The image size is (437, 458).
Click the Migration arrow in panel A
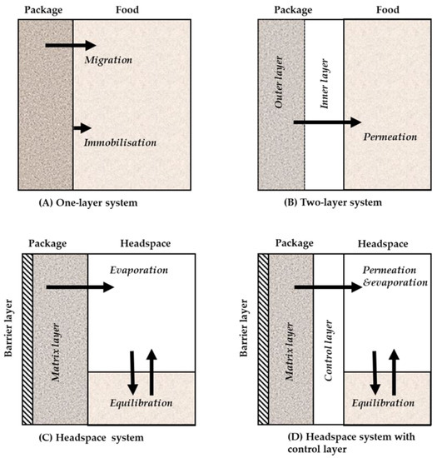point(70,44)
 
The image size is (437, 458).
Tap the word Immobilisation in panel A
point(120,142)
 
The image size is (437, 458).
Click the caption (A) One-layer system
point(81,203)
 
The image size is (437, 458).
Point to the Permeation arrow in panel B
point(327,122)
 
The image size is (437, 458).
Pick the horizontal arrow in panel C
point(80,286)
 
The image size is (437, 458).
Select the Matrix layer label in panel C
point(56,333)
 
